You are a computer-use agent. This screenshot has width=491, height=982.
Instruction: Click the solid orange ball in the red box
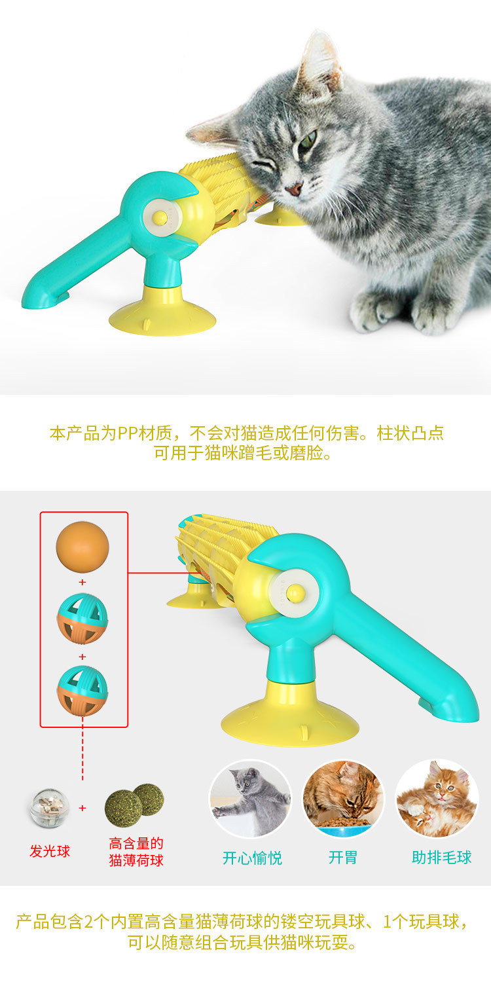point(82,545)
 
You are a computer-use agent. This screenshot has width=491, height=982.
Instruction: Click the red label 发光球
point(50,851)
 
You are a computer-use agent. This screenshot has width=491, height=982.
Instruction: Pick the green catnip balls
point(134,806)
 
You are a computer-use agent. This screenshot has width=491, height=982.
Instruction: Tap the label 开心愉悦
point(252,858)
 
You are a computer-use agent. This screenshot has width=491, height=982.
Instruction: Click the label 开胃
point(343,858)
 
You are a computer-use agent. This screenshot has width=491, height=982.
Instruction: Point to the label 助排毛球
point(442,858)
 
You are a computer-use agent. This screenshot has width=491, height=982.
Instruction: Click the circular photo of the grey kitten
point(251,799)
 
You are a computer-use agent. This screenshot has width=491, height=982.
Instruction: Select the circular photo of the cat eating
point(343,799)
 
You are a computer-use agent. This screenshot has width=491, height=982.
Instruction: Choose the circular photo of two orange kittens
point(437,799)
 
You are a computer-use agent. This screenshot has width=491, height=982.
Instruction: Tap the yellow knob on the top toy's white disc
point(160,215)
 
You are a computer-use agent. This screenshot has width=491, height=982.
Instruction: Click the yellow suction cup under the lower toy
point(290,723)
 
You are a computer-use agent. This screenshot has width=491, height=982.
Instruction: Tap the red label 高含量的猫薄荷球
point(136,852)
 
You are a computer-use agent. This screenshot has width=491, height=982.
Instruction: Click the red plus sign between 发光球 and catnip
point(82,808)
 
